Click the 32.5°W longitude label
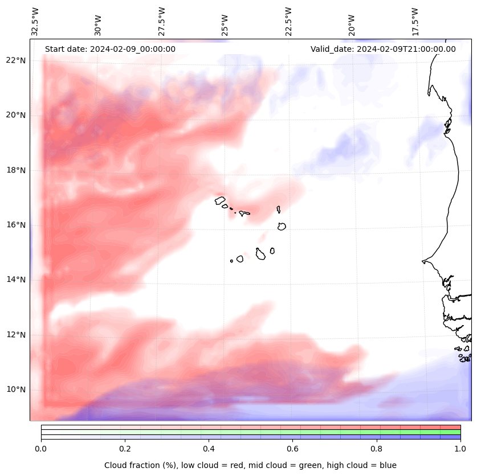coord(35,22)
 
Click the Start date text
coord(110,49)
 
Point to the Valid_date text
coord(383,49)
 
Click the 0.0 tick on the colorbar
coord(41,449)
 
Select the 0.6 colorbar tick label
coord(292,449)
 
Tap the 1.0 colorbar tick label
coord(460,449)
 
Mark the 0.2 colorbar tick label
coord(125,449)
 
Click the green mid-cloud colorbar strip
coord(251,432)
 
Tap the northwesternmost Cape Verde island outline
coord(220,200)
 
